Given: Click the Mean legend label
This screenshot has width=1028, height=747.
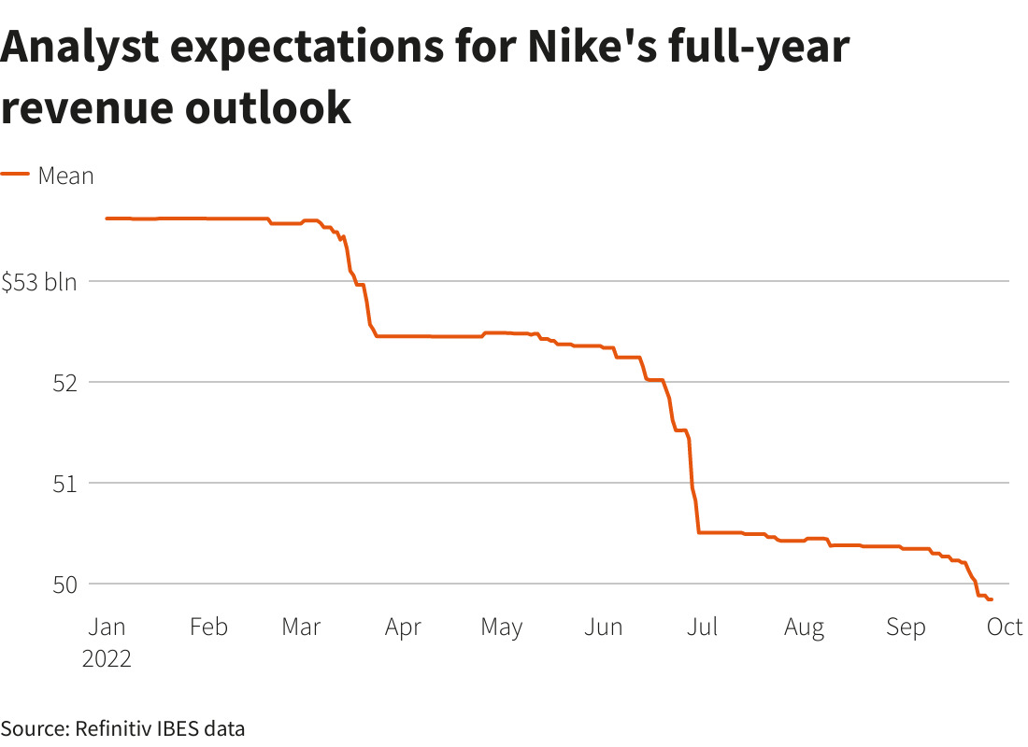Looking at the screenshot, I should (x=65, y=176).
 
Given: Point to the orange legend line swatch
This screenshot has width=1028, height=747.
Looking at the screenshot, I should (x=15, y=175).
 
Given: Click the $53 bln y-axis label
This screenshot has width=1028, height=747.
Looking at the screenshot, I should (x=39, y=282).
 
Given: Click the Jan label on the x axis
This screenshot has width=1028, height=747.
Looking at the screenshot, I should (x=107, y=627).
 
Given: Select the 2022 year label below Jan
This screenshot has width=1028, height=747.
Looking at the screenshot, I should (x=107, y=658).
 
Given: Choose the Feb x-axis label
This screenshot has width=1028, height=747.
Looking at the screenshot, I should (x=208, y=627).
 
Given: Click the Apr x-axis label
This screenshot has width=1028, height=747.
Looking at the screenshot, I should (x=403, y=627).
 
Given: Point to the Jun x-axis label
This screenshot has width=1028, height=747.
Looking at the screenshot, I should (x=603, y=627).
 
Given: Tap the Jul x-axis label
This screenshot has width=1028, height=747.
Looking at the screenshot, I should (x=702, y=627).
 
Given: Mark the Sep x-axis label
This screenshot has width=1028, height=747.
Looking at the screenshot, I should (x=905, y=627).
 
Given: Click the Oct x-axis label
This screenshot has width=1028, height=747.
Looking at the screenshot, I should (x=1005, y=627).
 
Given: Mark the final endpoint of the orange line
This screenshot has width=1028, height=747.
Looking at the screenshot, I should (x=992, y=599).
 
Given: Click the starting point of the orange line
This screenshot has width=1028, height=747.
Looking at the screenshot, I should (x=107, y=218).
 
